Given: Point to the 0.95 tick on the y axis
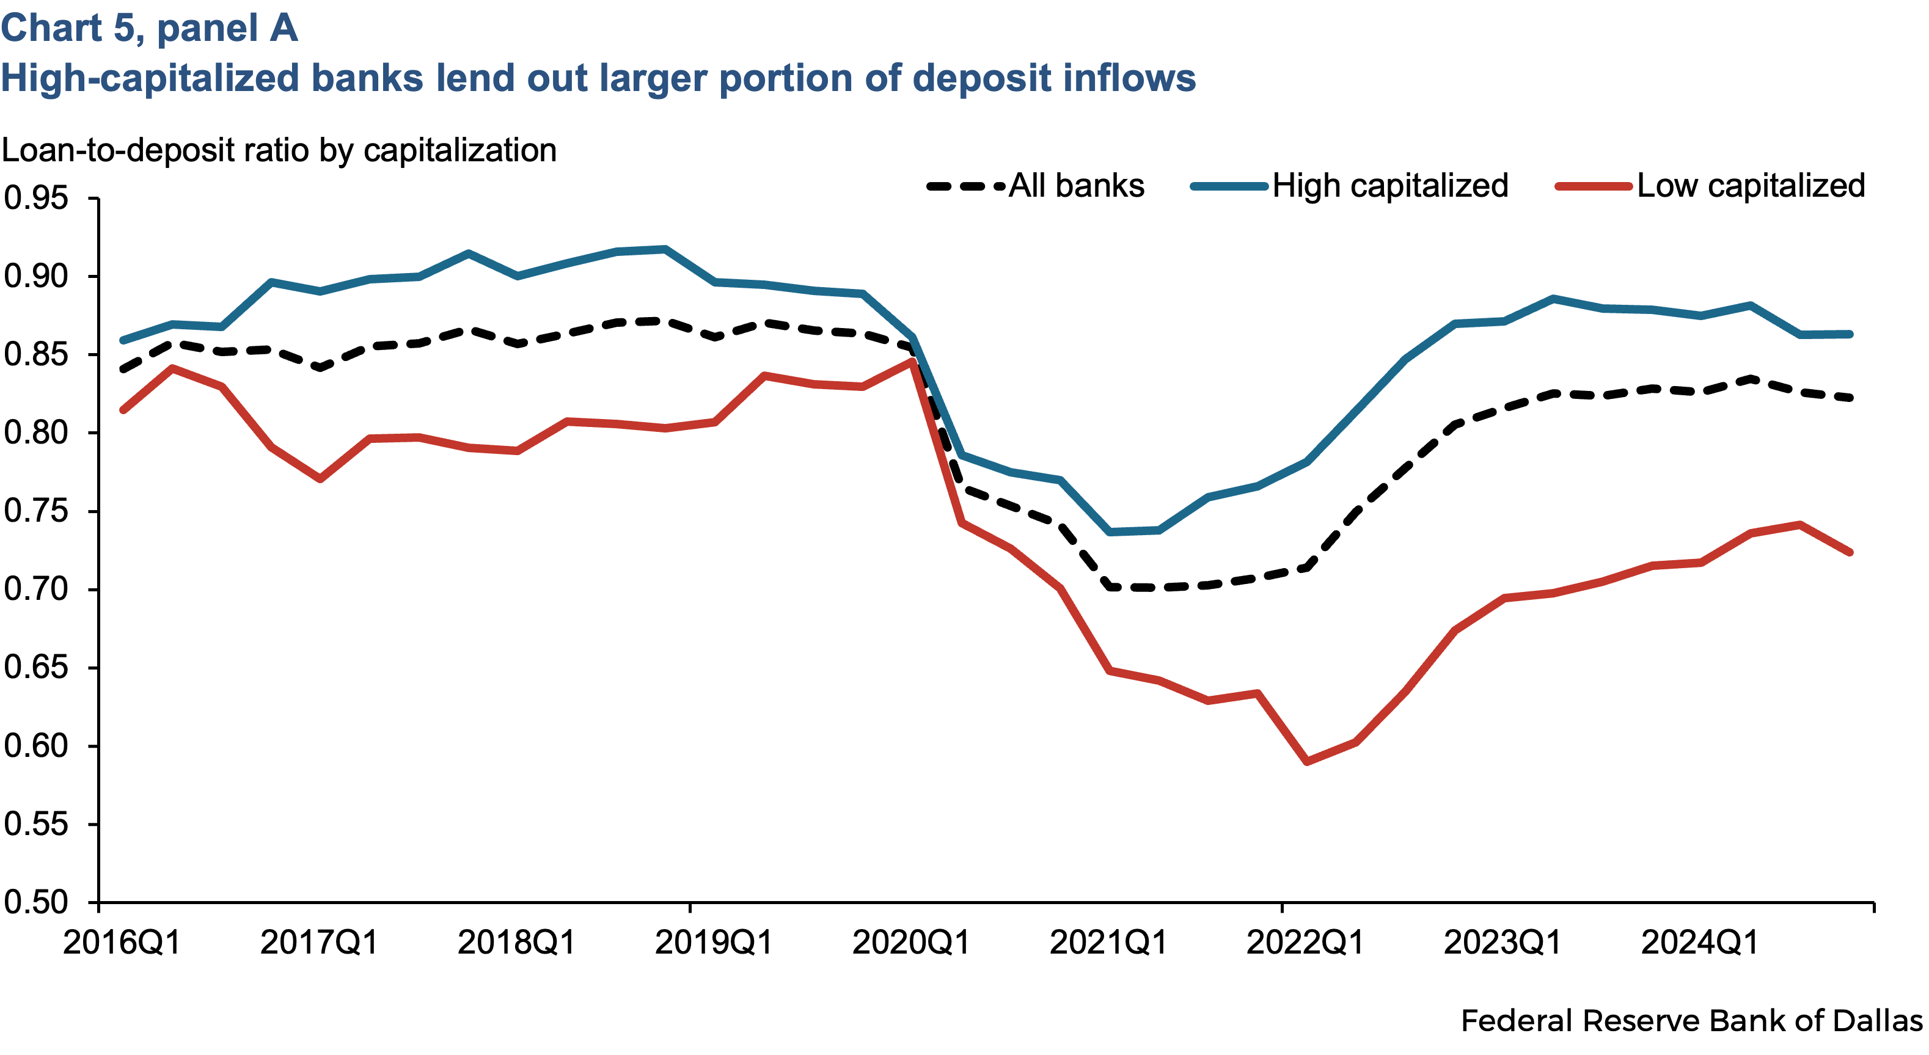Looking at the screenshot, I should pos(35,199).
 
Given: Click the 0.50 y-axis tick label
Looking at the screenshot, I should pos(35,902).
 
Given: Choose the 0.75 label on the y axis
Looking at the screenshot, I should pos(35,511).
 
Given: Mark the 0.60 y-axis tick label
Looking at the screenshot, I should pos(35,746).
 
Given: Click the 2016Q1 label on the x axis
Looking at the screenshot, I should pos(122,942).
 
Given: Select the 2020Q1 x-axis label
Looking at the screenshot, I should pos(910,942).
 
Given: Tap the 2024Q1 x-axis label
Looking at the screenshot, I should pos(1700,942).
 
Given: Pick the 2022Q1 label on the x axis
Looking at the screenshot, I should pos(1305,942).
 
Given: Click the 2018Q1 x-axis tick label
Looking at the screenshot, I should pos(516,942).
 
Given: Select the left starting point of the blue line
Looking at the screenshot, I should pos(123,341).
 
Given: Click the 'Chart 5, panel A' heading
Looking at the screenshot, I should pos(149,29).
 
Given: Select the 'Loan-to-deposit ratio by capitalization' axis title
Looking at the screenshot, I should pos(279,150).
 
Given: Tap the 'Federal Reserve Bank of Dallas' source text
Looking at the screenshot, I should pos(1691,1021).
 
